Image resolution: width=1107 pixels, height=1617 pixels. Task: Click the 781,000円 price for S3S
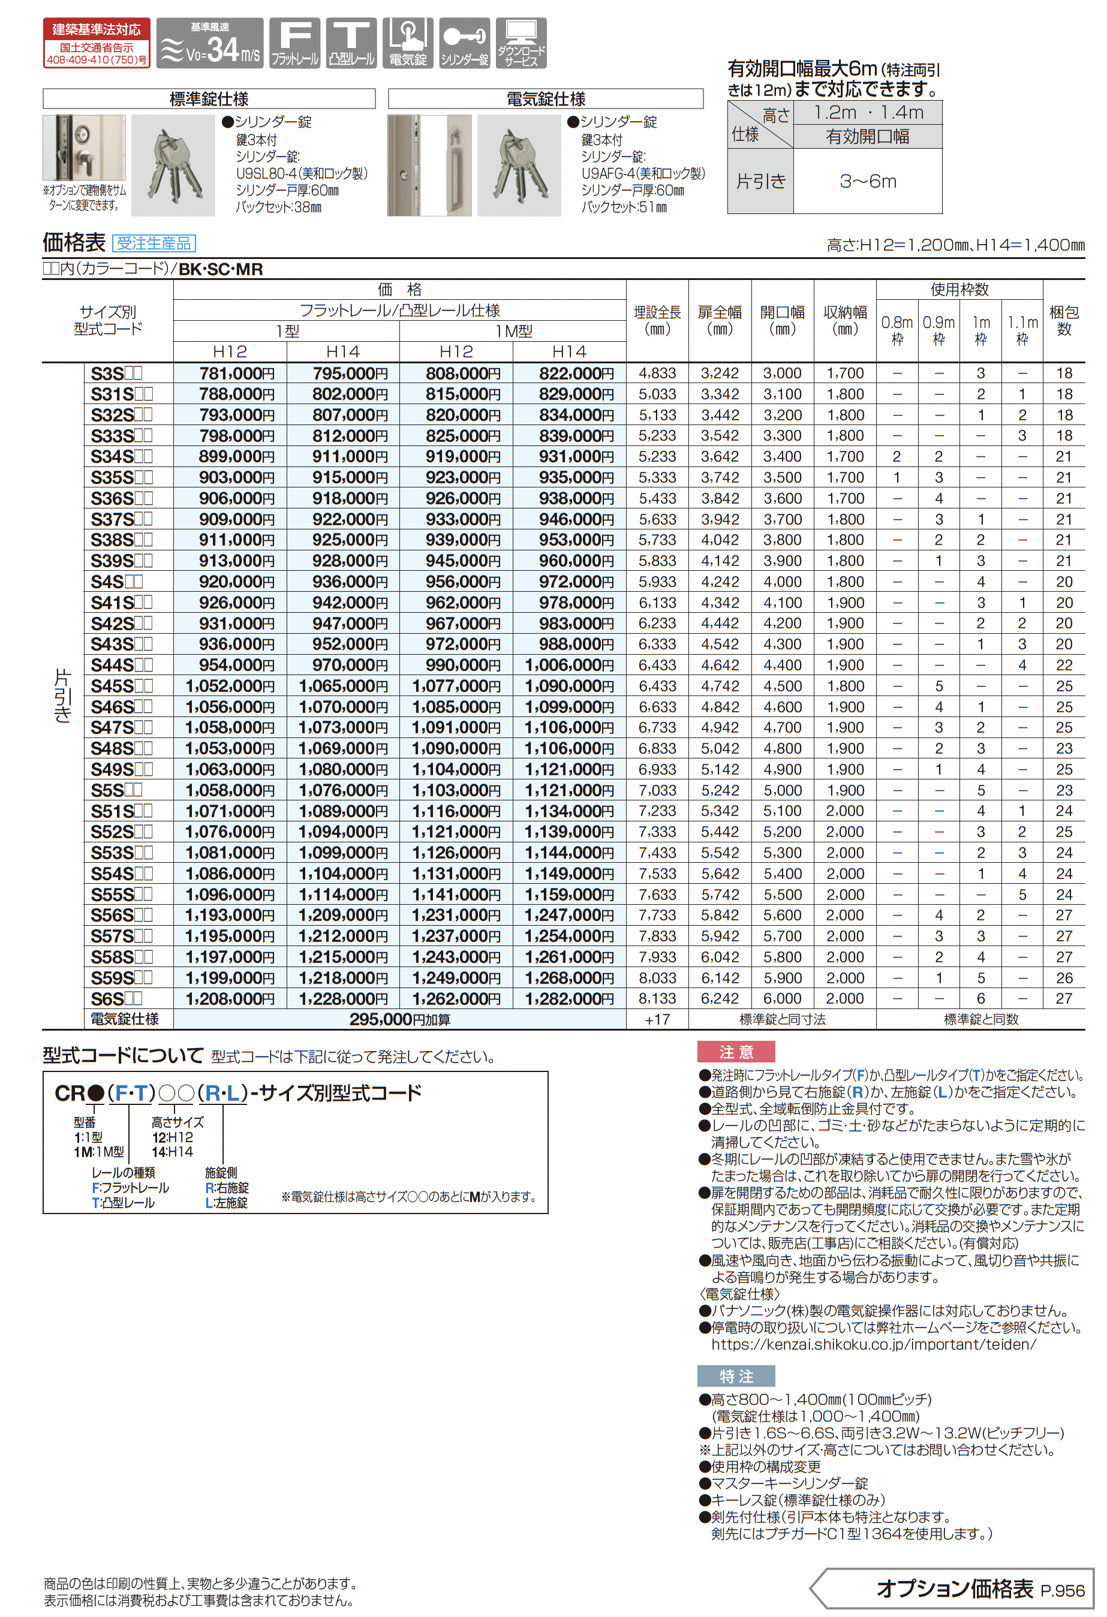pyautogui.click(x=236, y=374)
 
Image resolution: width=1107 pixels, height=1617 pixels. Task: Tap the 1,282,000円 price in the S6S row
pyautogui.click(x=569, y=999)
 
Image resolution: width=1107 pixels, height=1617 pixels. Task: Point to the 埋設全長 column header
pyautogui.click(x=657, y=321)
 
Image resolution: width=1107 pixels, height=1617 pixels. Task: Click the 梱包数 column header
pyautogui.click(x=1063, y=321)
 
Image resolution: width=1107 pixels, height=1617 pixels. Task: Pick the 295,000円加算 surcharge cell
pyautogui.click(x=399, y=1020)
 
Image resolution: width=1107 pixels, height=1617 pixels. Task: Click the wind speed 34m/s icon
pyautogui.click(x=209, y=43)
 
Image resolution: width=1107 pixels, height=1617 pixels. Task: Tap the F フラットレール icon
pyautogui.click(x=295, y=43)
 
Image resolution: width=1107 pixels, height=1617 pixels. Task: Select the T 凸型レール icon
pyautogui.click(x=351, y=43)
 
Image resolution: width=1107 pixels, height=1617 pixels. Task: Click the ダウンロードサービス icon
pyautogui.click(x=521, y=43)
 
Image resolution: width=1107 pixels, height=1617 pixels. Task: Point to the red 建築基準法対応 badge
pyautogui.click(x=97, y=43)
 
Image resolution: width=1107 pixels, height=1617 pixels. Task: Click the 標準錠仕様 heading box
pyautogui.click(x=209, y=99)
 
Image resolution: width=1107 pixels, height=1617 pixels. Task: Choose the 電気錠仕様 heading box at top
pyautogui.click(x=546, y=99)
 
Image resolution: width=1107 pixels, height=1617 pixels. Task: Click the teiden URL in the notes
pyautogui.click(x=873, y=1344)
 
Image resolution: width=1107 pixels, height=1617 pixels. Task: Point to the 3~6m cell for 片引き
pyautogui.click(x=868, y=182)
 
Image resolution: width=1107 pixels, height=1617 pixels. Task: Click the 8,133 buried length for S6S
pyautogui.click(x=657, y=999)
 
